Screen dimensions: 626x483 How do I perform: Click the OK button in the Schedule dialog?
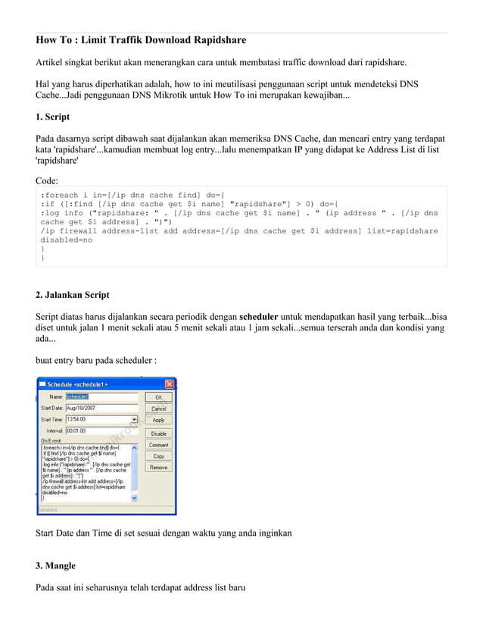(158, 396)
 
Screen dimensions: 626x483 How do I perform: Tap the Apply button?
(158, 419)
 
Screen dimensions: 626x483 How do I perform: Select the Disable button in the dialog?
(158, 433)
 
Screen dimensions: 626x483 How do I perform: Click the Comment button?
(158, 445)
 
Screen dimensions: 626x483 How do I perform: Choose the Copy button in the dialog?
(158, 456)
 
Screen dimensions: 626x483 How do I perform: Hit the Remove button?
(158, 468)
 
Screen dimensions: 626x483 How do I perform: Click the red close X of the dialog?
(170, 383)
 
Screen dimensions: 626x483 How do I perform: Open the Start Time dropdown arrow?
(135, 418)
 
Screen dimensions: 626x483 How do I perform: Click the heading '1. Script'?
(53, 117)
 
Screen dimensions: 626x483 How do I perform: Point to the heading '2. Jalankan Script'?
(73, 294)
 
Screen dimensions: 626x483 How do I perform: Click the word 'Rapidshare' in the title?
(220, 39)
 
